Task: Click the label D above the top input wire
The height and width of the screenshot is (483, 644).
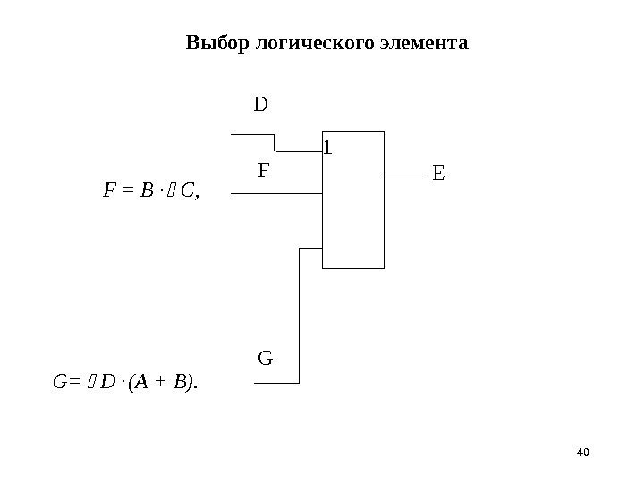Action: click(261, 106)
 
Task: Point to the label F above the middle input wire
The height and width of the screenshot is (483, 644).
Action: click(264, 170)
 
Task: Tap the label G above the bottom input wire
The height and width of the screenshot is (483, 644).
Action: click(265, 360)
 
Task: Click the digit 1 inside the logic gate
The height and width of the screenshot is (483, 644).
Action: click(326, 146)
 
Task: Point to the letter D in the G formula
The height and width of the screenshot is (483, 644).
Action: click(107, 384)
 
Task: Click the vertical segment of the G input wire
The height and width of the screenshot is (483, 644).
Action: click(301, 313)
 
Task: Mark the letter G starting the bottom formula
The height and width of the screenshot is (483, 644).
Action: click(60, 384)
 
